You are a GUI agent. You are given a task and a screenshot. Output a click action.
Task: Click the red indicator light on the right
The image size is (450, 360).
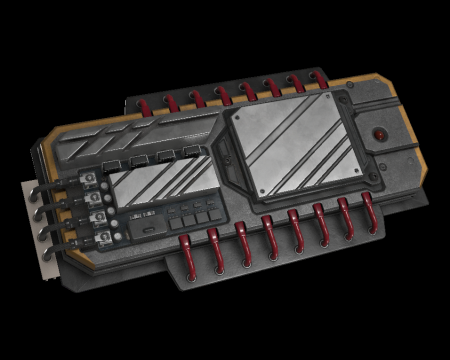[x=380, y=133]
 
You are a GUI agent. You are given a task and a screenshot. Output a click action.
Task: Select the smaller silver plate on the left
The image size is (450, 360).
[x=156, y=187]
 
